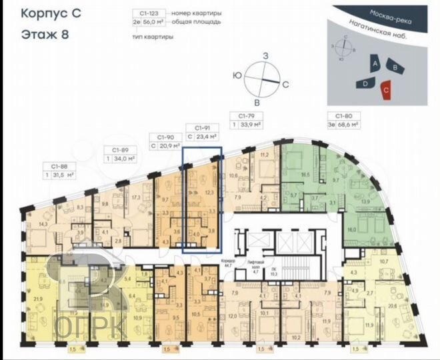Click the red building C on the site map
(x=386, y=89)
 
